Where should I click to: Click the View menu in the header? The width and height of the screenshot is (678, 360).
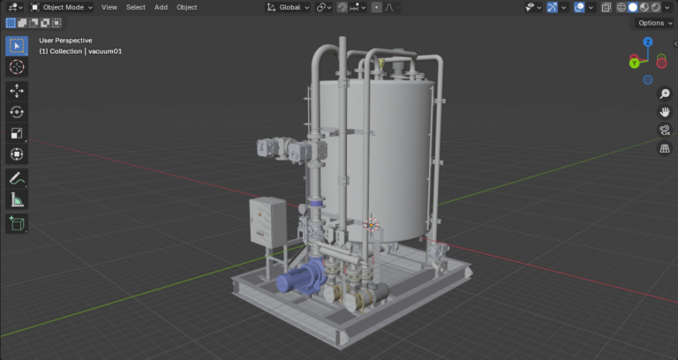pyautogui.click(x=109, y=7)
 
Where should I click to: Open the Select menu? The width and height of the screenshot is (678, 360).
pyautogui.click(x=136, y=7)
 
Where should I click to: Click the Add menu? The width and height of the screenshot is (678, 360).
pyautogui.click(x=161, y=7)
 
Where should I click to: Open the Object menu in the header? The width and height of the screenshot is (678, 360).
pyautogui.click(x=187, y=7)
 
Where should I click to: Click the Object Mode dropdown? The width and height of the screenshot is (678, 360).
pyautogui.click(x=62, y=7)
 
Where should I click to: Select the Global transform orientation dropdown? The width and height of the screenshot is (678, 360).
pyautogui.click(x=288, y=7)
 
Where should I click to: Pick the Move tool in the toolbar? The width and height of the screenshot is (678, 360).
pyautogui.click(x=17, y=91)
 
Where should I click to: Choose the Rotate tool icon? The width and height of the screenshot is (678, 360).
pyautogui.click(x=17, y=112)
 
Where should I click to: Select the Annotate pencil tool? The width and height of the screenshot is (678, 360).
pyautogui.click(x=17, y=178)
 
